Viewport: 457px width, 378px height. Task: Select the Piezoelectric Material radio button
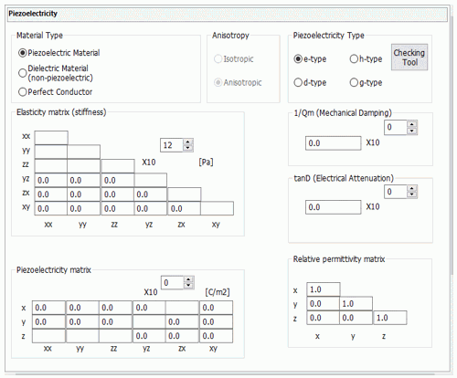coord(23,53)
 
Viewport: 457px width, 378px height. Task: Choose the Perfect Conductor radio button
coord(23,92)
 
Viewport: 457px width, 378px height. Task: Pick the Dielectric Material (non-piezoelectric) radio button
coord(23,73)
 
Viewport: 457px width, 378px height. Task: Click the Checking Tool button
coord(409,58)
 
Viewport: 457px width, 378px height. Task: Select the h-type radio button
coord(354,58)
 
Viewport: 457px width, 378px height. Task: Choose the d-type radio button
coord(298,82)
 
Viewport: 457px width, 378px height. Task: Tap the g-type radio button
coord(354,82)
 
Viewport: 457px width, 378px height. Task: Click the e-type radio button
coord(298,58)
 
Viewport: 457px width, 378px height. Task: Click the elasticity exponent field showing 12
coord(172,145)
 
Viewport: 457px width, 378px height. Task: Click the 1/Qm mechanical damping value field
coord(334,143)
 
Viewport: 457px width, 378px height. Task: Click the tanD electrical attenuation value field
coord(334,207)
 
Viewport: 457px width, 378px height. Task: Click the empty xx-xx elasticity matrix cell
coord(51,138)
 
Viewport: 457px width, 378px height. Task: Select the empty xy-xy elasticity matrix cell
coord(217,208)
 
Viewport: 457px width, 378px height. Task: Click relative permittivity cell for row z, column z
coord(390,318)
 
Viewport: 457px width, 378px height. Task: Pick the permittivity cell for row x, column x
coord(324,289)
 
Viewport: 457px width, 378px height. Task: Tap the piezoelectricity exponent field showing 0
coord(173,283)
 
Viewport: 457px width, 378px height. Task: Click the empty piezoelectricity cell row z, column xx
coord(48,336)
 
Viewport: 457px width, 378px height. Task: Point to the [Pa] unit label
coord(206,163)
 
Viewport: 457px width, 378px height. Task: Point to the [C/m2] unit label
coord(218,292)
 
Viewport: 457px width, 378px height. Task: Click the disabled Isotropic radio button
coord(218,58)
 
